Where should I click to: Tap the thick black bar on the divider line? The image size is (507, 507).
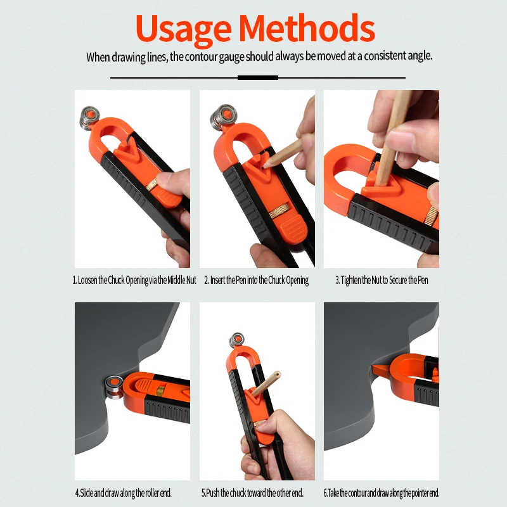point(257,77)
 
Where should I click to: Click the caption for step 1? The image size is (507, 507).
point(134,280)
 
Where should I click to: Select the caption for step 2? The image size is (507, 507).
point(256,280)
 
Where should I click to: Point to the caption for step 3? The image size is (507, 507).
point(382,280)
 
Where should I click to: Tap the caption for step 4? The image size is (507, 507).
point(124,492)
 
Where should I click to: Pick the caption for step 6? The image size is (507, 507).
point(381,492)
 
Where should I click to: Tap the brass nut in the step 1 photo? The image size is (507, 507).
point(153,185)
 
